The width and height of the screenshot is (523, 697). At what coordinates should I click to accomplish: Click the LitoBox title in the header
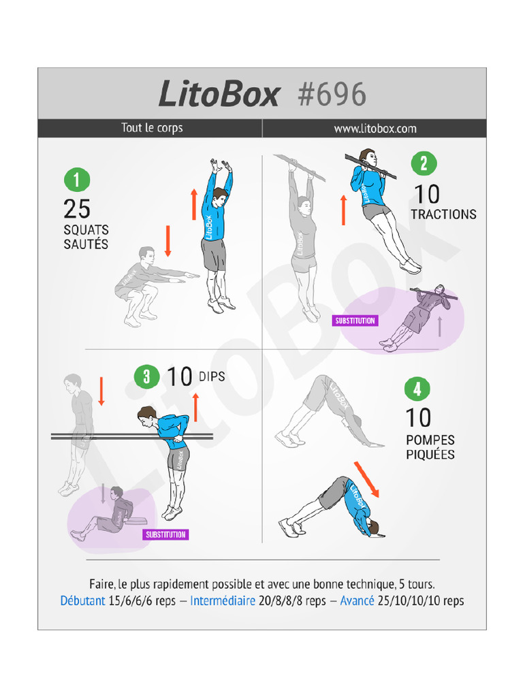click(x=219, y=94)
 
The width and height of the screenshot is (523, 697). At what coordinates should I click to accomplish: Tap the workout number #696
click(x=332, y=94)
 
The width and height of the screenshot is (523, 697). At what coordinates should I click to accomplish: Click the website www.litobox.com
click(x=375, y=128)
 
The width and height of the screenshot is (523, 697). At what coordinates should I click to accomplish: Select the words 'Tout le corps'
click(x=152, y=128)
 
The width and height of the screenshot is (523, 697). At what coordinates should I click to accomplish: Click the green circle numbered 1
click(x=76, y=180)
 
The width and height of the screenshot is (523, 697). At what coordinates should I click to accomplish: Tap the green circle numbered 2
click(x=424, y=163)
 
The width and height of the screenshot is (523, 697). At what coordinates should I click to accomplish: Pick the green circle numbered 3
click(x=146, y=376)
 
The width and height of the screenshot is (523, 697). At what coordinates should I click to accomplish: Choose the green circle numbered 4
click(x=417, y=389)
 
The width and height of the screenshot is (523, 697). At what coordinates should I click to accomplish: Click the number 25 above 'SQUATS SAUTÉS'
click(x=77, y=208)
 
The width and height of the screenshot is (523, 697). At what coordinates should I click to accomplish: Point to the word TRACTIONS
click(x=443, y=214)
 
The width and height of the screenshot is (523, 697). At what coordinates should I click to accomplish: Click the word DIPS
click(x=212, y=376)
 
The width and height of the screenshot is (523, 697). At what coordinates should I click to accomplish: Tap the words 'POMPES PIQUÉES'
click(x=430, y=447)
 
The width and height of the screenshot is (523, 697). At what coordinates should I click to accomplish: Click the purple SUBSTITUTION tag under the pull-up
click(x=355, y=321)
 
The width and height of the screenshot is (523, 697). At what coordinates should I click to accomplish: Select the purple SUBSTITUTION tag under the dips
click(x=165, y=534)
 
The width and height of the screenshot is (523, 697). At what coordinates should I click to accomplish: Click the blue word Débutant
click(x=82, y=601)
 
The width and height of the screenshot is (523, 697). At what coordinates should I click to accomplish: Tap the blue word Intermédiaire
click(x=223, y=601)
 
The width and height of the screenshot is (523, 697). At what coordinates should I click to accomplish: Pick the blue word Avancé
click(x=357, y=601)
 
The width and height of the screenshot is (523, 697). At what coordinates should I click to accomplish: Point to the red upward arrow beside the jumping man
click(x=193, y=204)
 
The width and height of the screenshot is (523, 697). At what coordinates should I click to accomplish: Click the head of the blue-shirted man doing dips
click(x=146, y=415)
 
